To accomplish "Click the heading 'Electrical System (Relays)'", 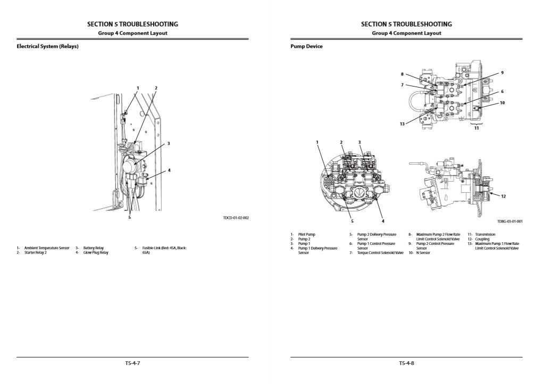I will point(48,46).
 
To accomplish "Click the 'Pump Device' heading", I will point(306,46).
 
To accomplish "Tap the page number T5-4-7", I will point(132,363).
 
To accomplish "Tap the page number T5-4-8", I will point(406,363).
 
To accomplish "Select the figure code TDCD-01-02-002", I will point(236,218).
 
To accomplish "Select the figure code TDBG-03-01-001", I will point(510,221).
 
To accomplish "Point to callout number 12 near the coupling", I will point(503,197).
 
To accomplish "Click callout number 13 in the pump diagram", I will point(403,124).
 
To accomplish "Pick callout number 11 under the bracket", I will point(477,128).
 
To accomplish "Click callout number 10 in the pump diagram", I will point(502,103).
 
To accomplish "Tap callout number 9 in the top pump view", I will point(502,72).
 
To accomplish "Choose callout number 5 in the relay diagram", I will point(129,217).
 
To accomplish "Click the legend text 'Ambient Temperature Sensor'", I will point(47,248).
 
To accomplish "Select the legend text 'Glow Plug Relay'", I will point(96,253).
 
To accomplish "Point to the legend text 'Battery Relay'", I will point(94,248).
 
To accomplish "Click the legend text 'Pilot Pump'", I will point(307,234).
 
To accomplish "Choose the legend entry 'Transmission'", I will point(485,234).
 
